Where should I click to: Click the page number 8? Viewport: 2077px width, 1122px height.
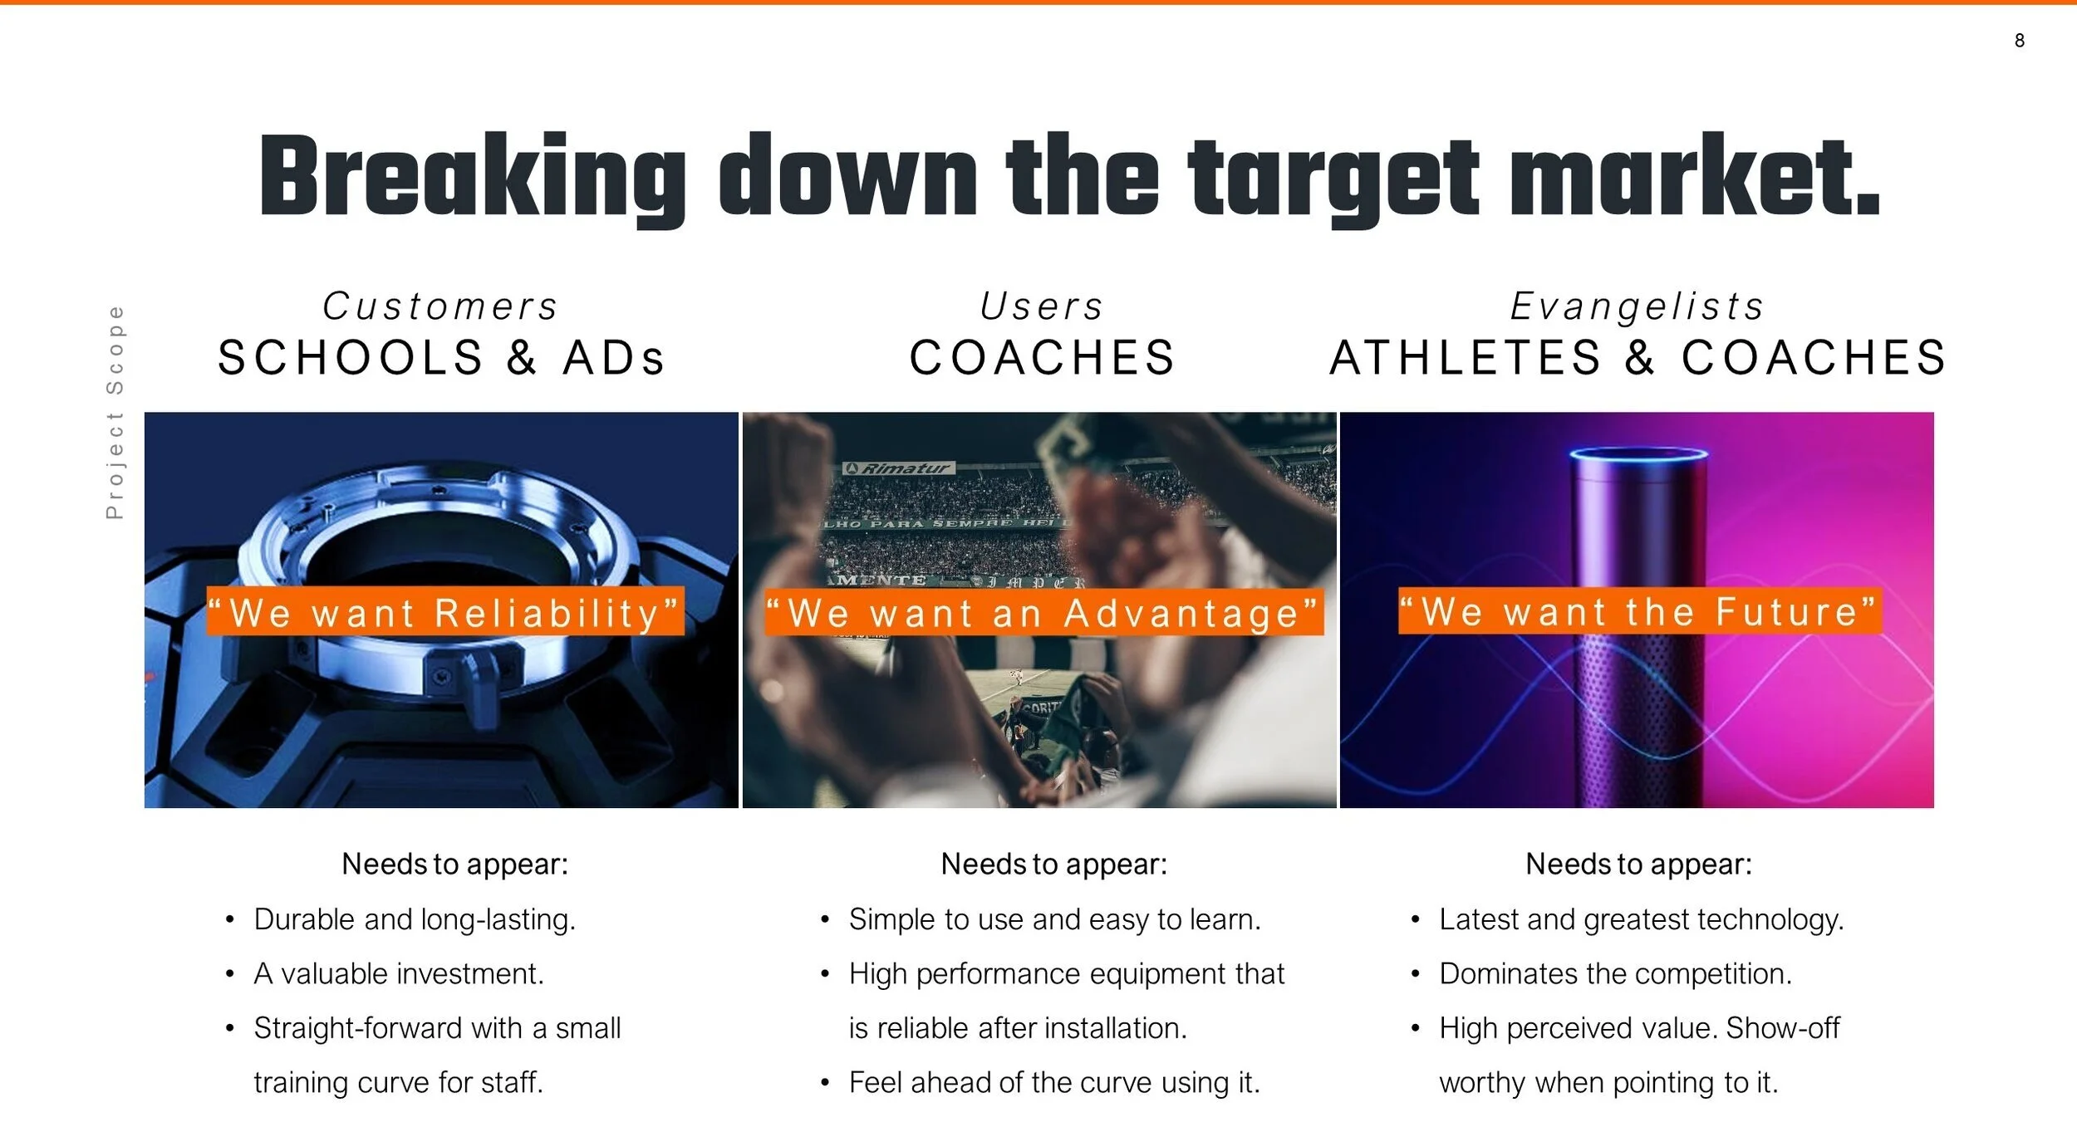(x=2019, y=41)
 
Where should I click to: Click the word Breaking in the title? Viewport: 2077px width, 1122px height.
(x=472, y=178)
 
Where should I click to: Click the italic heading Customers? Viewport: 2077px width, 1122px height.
(x=440, y=306)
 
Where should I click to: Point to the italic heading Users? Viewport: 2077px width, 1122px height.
(x=1042, y=306)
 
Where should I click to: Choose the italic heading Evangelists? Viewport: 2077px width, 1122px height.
(x=1638, y=306)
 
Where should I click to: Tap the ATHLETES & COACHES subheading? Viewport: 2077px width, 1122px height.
(x=1638, y=358)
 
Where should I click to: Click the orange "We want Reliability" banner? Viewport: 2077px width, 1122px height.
(x=445, y=612)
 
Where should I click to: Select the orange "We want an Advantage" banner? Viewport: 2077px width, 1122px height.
(x=1043, y=613)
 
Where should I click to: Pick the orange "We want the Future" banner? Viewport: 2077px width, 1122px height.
(x=1639, y=611)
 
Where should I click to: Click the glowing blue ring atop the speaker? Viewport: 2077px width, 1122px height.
(x=1638, y=454)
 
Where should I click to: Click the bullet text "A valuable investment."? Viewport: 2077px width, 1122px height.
(x=399, y=973)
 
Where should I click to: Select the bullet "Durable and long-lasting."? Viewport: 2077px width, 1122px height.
(x=415, y=919)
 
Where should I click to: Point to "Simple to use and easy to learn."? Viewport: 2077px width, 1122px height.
(x=1054, y=919)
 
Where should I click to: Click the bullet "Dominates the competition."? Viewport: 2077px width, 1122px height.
(x=1615, y=973)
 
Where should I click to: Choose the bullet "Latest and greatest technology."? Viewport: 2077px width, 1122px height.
(x=1641, y=919)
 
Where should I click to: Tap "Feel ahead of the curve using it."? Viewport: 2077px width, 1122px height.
(x=1054, y=1082)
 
